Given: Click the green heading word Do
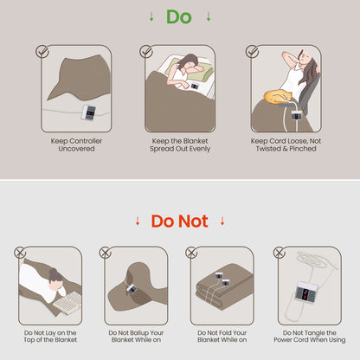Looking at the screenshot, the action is click(x=179, y=17).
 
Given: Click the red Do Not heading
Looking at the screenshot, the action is click(x=179, y=222).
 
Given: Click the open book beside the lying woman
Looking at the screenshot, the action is click(x=67, y=303).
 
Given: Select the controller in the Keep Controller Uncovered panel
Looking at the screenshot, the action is click(x=89, y=112).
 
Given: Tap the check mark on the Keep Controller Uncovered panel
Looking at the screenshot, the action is click(x=42, y=51).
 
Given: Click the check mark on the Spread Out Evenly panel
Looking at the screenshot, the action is click(x=146, y=51).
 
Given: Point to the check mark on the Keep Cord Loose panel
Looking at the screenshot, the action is click(x=253, y=51).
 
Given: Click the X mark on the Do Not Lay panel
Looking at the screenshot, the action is click(x=20, y=253).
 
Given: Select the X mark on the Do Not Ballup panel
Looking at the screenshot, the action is click(x=106, y=253).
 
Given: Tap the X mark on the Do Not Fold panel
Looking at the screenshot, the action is click(x=191, y=253).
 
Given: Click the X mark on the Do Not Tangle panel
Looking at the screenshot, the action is click(x=279, y=253).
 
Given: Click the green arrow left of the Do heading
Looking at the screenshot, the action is click(x=151, y=17).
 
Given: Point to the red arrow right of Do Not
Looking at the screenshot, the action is click(x=222, y=222).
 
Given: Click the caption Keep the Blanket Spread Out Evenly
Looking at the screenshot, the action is click(x=180, y=145).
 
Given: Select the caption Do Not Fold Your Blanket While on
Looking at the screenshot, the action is click(x=222, y=337).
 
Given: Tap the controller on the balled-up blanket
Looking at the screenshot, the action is click(x=132, y=289).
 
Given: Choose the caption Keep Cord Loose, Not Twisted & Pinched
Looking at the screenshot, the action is click(x=286, y=145).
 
